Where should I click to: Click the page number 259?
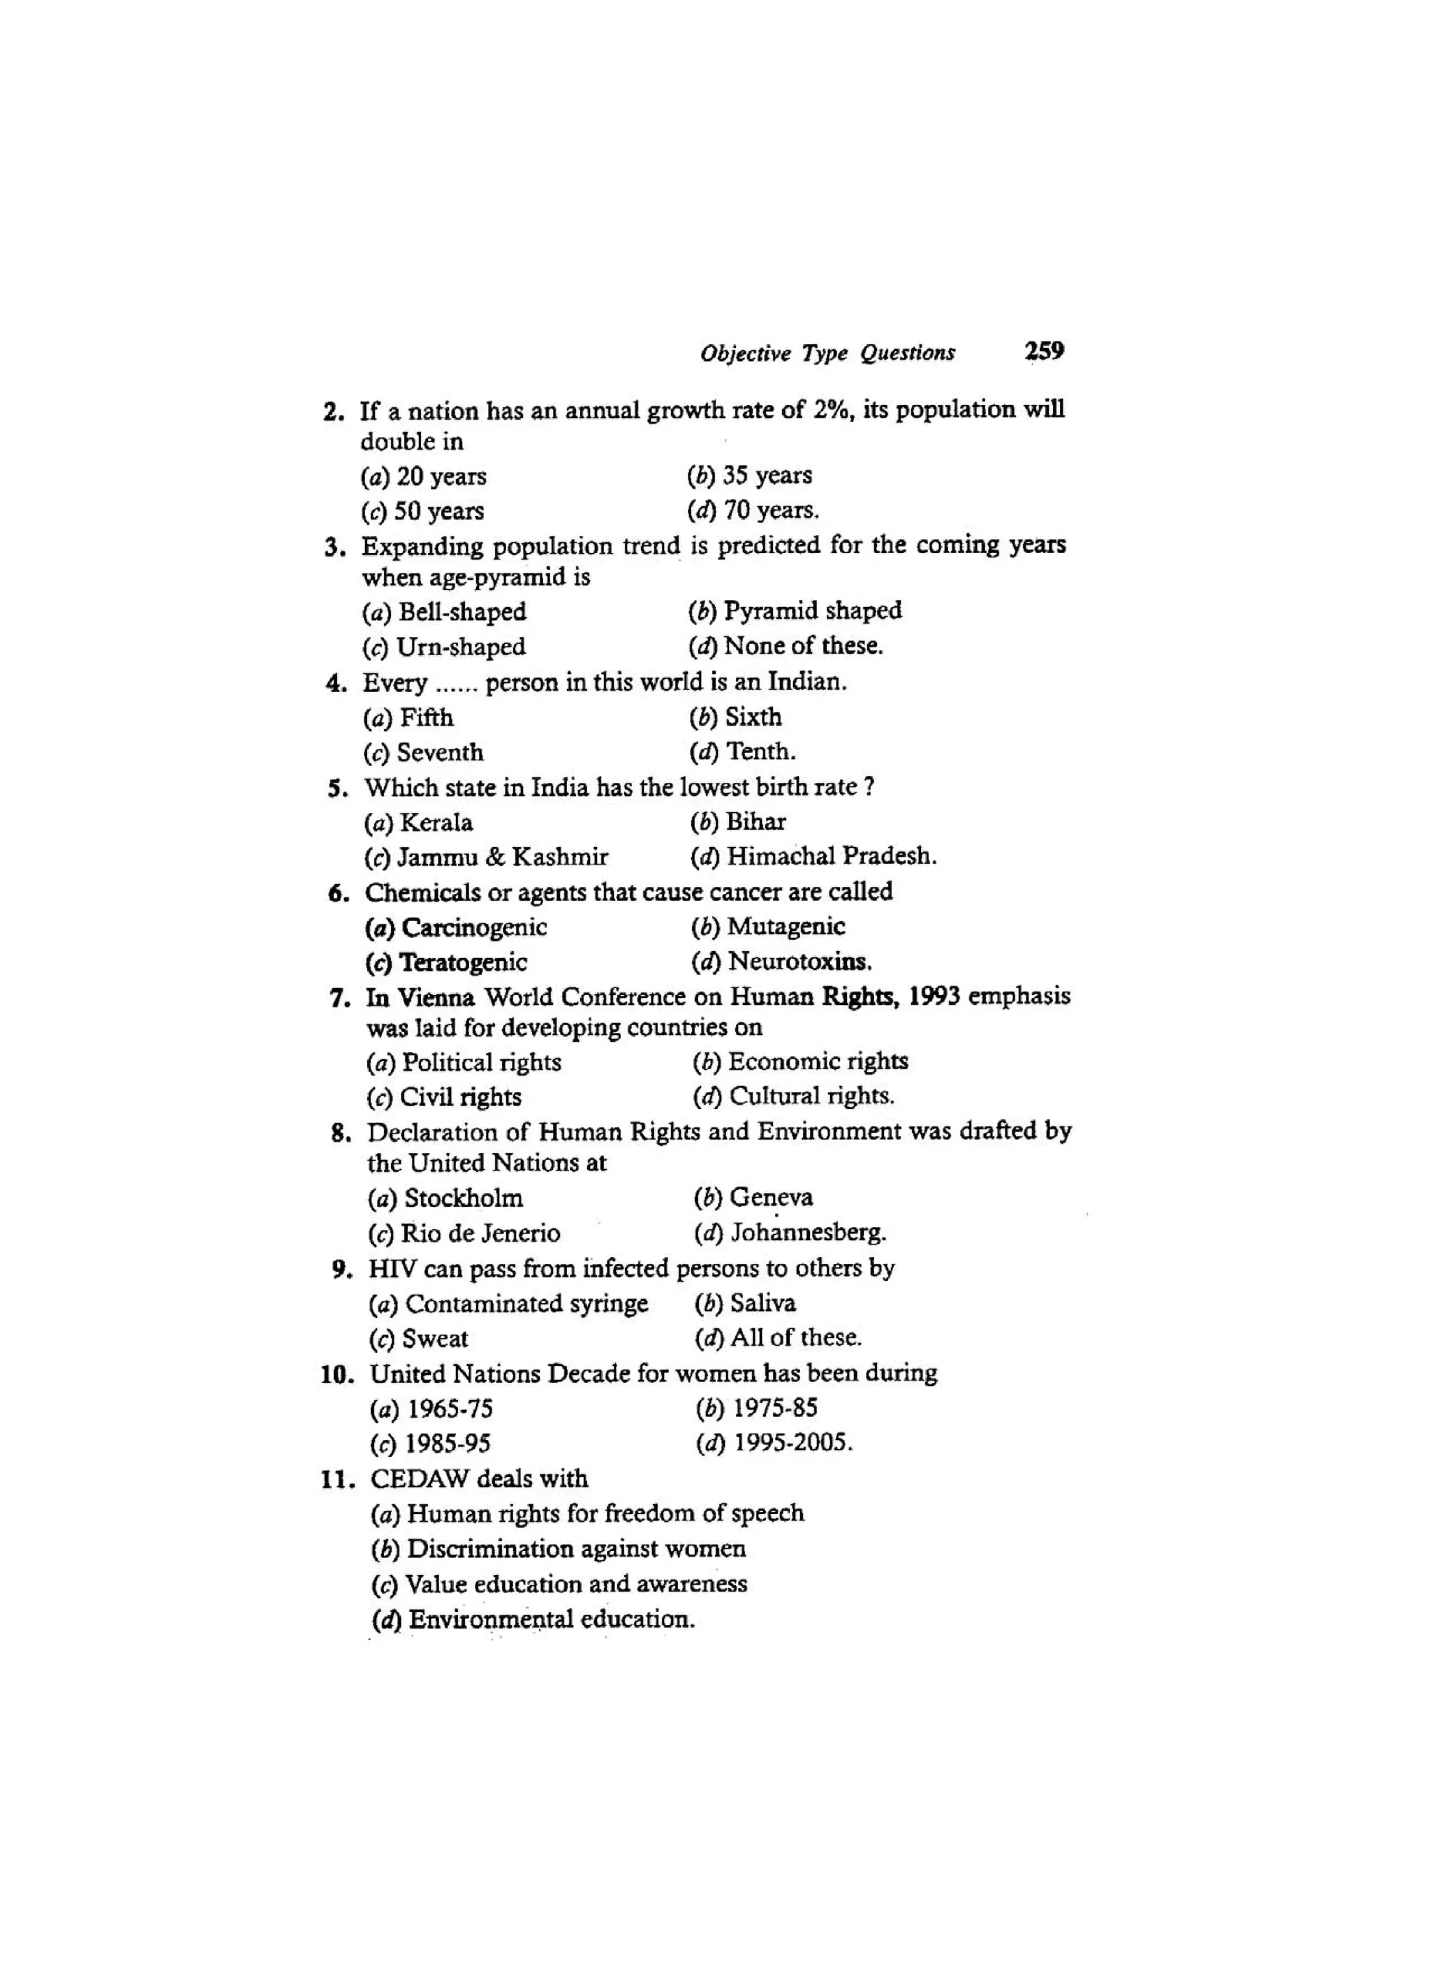1044,351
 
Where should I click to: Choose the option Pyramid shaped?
812,611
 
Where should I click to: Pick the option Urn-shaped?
461,647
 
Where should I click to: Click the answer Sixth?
753,717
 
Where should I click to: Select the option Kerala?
436,822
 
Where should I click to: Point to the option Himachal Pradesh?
832,856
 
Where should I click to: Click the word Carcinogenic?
475,927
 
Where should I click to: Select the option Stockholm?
464,1198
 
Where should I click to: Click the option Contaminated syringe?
526,1303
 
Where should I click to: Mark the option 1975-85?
775,1409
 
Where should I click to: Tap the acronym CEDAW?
419,1478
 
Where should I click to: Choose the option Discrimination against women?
576,1549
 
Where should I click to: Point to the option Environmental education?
552,1620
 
